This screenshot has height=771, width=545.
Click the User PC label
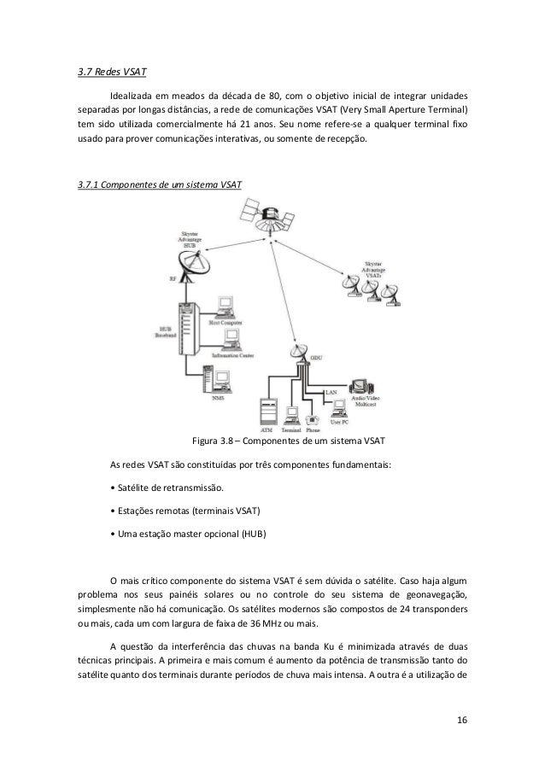coord(339,423)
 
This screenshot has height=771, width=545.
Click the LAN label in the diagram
coord(331,391)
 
